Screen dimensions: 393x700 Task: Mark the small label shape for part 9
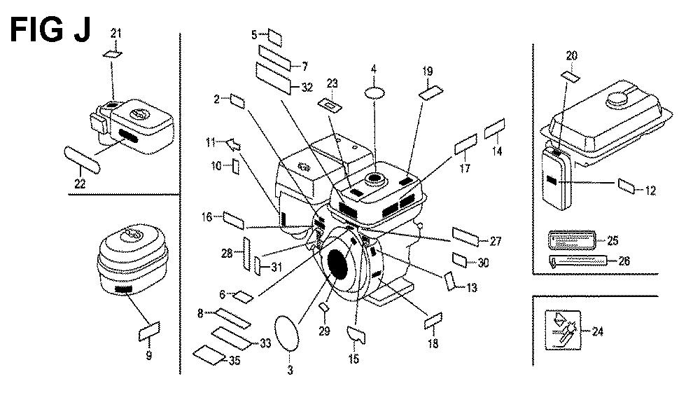[150, 331]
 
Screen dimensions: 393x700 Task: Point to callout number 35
[237, 361]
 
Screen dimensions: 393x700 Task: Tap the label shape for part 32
[275, 73]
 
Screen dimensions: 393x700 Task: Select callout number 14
[498, 151]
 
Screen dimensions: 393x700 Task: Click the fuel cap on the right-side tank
[620, 99]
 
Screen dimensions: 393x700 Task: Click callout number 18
[433, 343]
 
